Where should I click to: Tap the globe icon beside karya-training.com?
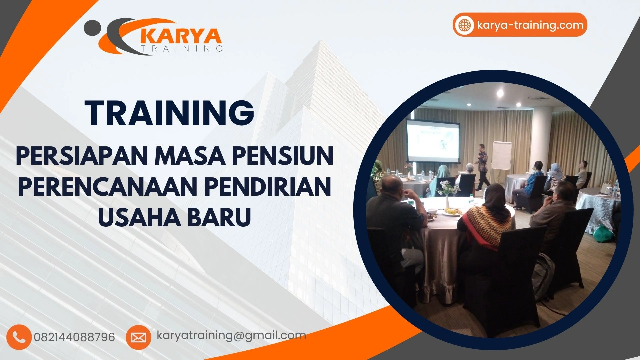tap(464, 25)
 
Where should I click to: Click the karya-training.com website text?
tap(530, 25)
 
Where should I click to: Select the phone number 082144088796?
tap(74, 337)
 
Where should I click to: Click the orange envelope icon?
tap(138, 337)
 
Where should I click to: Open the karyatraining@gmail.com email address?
tap(231, 335)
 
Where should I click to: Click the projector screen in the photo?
tap(433, 141)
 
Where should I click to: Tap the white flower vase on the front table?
tap(447, 200)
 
